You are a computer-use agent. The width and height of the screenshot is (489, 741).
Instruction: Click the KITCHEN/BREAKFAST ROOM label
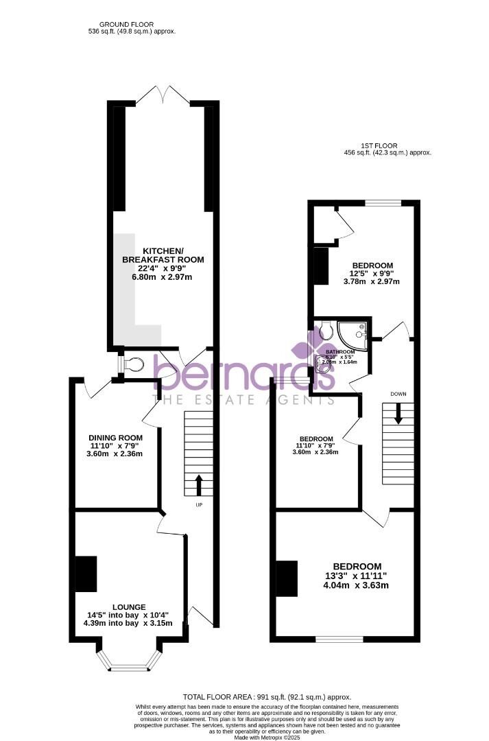[163, 255]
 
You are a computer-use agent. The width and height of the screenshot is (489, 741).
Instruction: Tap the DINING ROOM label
[115, 438]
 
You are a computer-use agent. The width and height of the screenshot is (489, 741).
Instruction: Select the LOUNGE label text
[129, 607]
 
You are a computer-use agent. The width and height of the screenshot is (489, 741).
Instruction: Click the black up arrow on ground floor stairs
[199, 484]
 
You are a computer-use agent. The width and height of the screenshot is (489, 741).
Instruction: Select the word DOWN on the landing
[398, 395]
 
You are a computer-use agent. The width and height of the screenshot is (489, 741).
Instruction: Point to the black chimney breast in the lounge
[86, 574]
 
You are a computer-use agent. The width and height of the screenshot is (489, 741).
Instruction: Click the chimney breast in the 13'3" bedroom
[287, 578]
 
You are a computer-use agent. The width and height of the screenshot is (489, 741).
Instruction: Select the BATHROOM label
[339, 351]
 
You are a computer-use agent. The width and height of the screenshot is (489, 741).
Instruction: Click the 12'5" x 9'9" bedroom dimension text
[372, 273]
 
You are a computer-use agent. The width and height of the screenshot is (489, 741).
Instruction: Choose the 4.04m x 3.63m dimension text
[357, 585]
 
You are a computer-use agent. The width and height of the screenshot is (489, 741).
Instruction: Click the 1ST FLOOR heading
[379, 145]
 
